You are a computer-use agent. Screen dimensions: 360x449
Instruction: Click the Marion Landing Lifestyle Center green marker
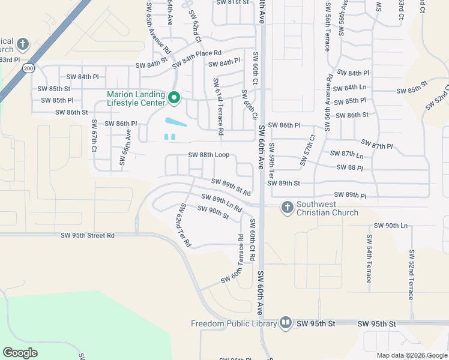click(x=174, y=97)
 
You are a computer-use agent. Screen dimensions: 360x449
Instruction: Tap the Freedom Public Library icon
click(x=285, y=323)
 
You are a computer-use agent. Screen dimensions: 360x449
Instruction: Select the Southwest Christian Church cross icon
click(x=287, y=208)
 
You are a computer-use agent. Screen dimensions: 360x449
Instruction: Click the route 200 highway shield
click(x=29, y=69)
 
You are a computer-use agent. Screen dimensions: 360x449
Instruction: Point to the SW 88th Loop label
click(x=209, y=155)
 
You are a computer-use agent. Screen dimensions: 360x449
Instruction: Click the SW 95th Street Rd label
click(x=87, y=236)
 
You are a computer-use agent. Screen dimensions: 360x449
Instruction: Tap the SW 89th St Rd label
click(x=231, y=187)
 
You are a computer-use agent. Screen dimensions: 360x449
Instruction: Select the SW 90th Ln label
click(x=391, y=226)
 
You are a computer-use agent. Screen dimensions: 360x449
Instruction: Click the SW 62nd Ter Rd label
click(x=183, y=226)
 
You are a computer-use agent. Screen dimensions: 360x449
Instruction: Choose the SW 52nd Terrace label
click(x=411, y=275)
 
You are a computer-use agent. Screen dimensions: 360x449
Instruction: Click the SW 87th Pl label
click(x=377, y=144)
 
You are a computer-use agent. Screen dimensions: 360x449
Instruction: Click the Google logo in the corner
click(x=20, y=353)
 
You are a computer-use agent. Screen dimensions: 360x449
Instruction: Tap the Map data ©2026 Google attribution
click(x=412, y=356)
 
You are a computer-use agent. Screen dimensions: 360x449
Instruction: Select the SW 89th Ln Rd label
click(x=221, y=203)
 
